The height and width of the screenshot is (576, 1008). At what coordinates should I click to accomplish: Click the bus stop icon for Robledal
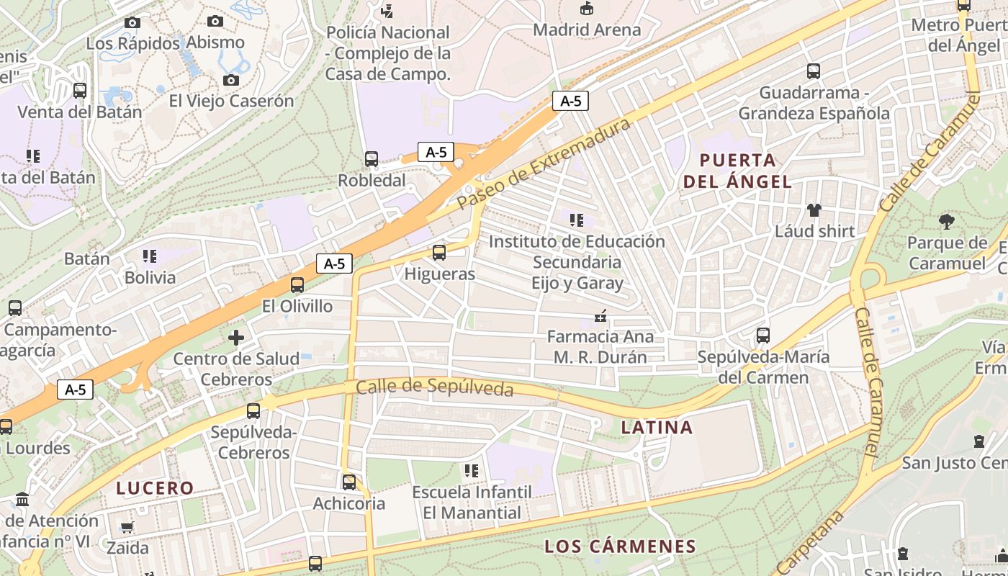pyautogui.click(x=372, y=159)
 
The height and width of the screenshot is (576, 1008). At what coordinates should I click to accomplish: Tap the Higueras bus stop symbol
pyautogui.click(x=439, y=253)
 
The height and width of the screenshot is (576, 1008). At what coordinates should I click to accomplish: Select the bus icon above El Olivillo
pyautogui.click(x=297, y=285)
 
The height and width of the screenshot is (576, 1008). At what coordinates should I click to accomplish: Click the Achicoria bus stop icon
pyautogui.click(x=349, y=482)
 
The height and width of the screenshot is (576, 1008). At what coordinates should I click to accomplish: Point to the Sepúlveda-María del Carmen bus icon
pyautogui.click(x=763, y=336)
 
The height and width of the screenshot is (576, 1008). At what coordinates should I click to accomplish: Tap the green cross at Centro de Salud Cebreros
pyautogui.click(x=236, y=337)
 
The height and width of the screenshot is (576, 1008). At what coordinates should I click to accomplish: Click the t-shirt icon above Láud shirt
pyautogui.click(x=814, y=210)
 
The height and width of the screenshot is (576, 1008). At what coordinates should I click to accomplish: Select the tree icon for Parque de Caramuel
pyautogui.click(x=947, y=222)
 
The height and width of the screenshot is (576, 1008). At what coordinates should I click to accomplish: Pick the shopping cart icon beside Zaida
pyautogui.click(x=127, y=527)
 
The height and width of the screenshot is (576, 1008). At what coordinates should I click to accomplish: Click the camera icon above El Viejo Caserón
pyautogui.click(x=231, y=80)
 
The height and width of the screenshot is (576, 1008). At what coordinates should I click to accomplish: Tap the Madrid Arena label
pyautogui.click(x=587, y=30)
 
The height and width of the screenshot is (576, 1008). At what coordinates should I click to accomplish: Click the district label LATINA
pyautogui.click(x=657, y=428)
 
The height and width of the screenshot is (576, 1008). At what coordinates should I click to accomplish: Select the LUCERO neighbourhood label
pyautogui.click(x=156, y=488)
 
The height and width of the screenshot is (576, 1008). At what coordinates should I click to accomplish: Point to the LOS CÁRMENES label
pyautogui.click(x=620, y=546)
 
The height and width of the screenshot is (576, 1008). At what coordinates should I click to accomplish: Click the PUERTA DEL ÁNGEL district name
pyautogui.click(x=737, y=171)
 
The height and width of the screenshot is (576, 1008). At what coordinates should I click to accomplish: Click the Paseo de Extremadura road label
pyautogui.click(x=544, y=163)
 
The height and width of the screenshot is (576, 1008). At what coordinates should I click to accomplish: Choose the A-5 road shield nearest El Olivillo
pyautogui.click(x=334, y=264)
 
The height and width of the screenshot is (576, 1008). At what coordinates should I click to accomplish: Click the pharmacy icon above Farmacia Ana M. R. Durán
pyautogui.click(x=599, y=315)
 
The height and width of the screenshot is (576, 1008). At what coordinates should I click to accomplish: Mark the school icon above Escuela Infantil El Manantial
pyautogui.click(x=472, y=471)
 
